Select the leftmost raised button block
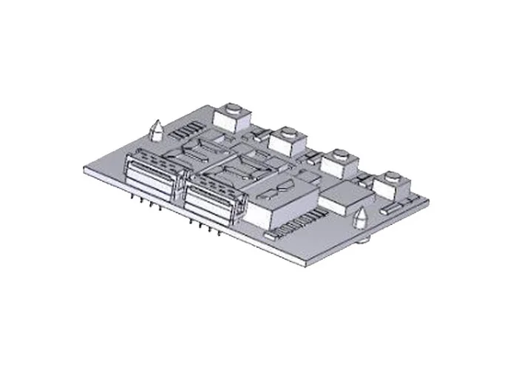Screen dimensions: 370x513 point(231,118)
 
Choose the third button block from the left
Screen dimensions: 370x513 point(341,161)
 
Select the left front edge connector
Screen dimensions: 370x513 point(149,178)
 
